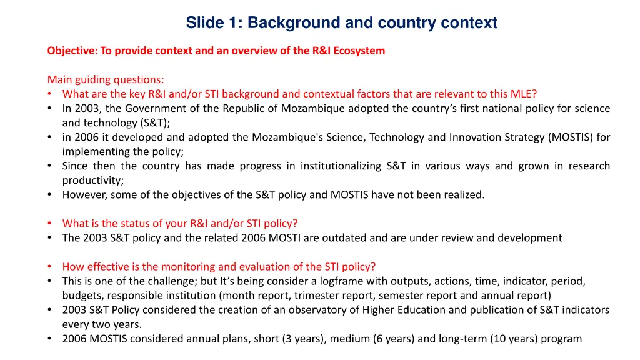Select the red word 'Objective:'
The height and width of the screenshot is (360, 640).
[x=71, y=51]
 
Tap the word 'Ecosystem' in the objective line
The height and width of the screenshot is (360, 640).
[x=359, y=51]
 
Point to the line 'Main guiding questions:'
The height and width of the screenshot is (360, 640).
[x=106, y=79]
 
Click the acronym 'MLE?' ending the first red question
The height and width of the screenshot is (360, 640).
[x=524, y=94]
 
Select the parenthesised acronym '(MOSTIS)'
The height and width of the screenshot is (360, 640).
[x=571, y=137]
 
